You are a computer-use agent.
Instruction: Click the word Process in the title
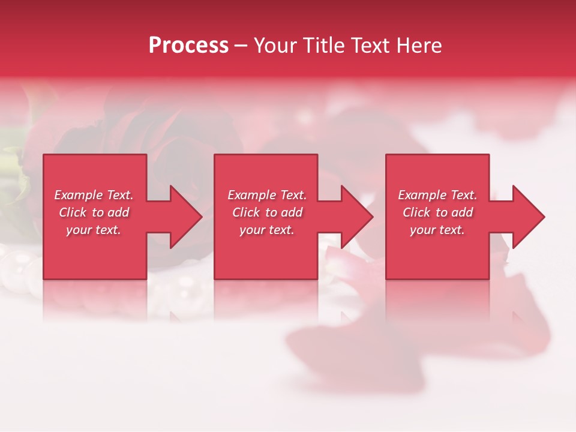click(x=188, y=46)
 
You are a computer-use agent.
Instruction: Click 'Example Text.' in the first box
click(x=94, y=195)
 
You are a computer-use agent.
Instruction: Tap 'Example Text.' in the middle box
click(x=267, y=195)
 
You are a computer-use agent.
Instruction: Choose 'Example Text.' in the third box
click(x=437, y=195)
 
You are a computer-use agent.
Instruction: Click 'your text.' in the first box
click(x=94, y=230)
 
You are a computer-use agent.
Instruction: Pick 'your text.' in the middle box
click(x=267, y=230)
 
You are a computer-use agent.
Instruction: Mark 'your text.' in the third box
click(x=437, y=230)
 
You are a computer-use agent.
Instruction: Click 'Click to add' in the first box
click(x=94, y=212)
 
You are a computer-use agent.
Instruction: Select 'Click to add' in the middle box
click(x=267, y=212)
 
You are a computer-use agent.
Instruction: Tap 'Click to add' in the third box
click(x=437, y=212)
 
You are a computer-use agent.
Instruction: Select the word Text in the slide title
click(x=370, y=46)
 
